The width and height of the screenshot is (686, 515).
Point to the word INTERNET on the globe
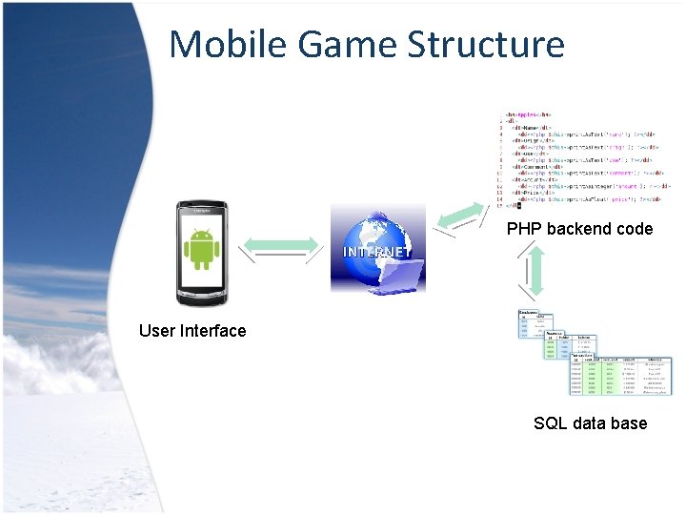[x=377, y=252]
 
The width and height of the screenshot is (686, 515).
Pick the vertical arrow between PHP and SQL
[x=535, y=271]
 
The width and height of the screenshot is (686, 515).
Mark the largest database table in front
[x=621, y=376]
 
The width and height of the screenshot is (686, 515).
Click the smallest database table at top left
[x=528, y=324]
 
